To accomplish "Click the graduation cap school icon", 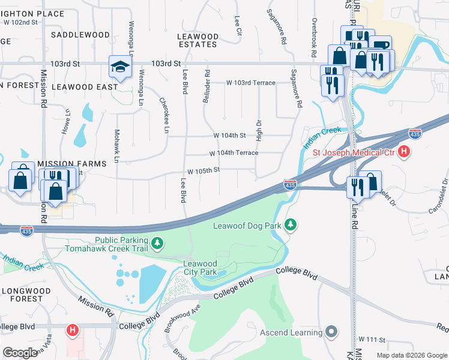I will click(120, 67).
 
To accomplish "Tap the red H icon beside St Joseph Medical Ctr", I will click(404, 152).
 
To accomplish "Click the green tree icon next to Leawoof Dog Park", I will click(291, 225).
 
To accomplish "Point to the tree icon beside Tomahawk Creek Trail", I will click(157, 243).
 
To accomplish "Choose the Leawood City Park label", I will click(199, 268).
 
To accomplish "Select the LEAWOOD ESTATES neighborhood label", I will click(197, 40).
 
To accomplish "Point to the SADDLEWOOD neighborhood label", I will click(80, 35).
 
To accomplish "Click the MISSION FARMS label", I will click(71, 163).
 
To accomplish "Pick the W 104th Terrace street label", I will click(234, 153).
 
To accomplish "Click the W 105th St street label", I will click(203, 170).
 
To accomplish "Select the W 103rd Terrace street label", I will click(250, 83).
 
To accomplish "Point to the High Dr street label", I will click(259, 130).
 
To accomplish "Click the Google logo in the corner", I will click(20, 353).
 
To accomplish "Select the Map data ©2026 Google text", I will click(411, 355).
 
